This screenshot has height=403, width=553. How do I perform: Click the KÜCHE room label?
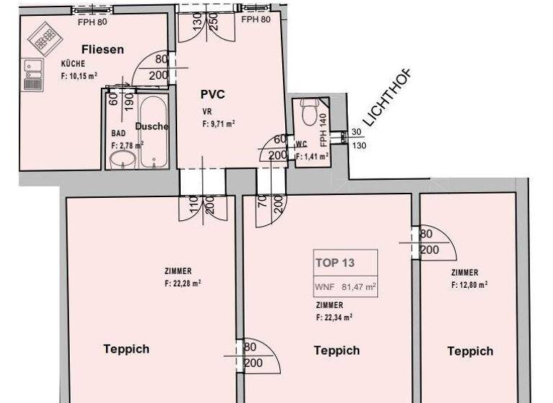point(73,64)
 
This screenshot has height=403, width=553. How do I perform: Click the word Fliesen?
point(103,50)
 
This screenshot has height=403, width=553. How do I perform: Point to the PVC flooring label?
point(213,94)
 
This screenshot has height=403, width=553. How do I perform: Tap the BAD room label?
point(118,134)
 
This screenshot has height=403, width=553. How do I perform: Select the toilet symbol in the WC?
point(310,114)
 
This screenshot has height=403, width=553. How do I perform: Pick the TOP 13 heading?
point(335,263)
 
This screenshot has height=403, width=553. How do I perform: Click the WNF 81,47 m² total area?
point(346,286)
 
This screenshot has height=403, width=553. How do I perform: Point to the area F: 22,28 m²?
point(182,283)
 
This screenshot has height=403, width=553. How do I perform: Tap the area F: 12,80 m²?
point(469,284)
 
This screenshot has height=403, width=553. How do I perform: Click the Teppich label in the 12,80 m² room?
point(470,351)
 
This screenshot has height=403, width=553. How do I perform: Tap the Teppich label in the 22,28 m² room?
point(126,349)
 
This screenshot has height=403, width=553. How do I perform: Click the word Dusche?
point(152,127)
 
